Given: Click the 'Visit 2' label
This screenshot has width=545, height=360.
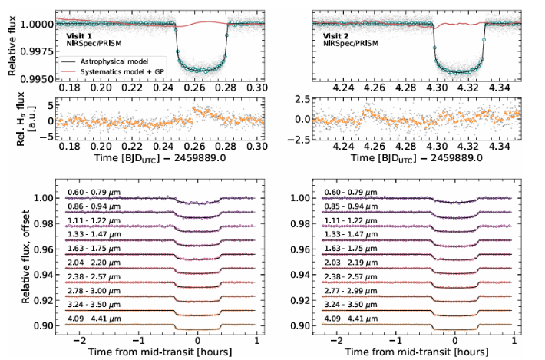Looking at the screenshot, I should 338,36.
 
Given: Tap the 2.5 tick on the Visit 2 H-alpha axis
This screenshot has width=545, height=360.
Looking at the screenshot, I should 299,100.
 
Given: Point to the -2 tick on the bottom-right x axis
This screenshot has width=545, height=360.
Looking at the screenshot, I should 335,340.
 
